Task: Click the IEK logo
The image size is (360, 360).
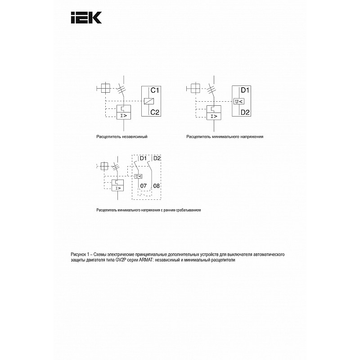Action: click(86, 18)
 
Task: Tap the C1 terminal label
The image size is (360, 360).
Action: click(155, 90)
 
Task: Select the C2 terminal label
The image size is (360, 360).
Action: click(155, 112)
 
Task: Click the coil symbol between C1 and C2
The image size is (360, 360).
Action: click(149, 101)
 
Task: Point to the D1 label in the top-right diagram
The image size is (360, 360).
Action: click(245, 90)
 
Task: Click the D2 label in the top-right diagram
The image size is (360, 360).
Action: click(245, 112)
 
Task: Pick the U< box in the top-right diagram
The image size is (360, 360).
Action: click(239, 101)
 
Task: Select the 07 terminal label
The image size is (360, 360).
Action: click(144, 186)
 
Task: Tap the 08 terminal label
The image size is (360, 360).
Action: click(156, 186)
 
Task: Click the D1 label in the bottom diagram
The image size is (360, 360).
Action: click(143, 158)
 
